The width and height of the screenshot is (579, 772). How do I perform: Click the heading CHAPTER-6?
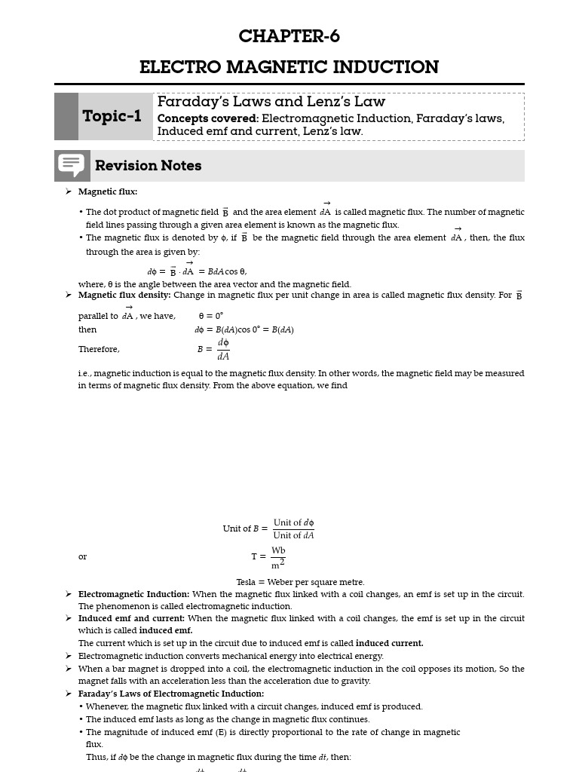pyautogui.click(x=289, y=36)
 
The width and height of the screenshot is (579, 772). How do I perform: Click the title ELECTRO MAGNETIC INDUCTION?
pyautogui.click(x=289, y=67)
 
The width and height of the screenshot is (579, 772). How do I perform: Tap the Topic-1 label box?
pyautogui.click(x=112, y=116)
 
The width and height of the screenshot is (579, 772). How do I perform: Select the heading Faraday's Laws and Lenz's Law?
pyautogui.click(x=271, y=102)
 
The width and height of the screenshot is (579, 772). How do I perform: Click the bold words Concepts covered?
pyautogui.click(x=207, y=118)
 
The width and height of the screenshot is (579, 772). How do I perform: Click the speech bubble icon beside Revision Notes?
pyautogui.click(x=72, y=165)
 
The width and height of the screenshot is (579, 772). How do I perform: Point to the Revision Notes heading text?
pyautogui.click(x=148, y=166)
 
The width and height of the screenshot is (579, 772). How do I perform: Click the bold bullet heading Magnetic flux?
pyautogui.click(x=108, y=191)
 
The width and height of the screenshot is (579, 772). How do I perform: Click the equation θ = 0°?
pyautogui.click(x=211, y=316)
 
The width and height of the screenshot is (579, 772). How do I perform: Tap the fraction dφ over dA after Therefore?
pyautogui.click(x=223, y=349)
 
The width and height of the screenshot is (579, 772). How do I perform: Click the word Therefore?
pyautogui.click(x=99, y=349)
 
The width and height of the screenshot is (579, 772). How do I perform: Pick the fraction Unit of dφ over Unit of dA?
pyautogui.click(x=293, y=528)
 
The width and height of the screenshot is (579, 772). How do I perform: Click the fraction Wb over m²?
pyautogui.click(x=278, y=557)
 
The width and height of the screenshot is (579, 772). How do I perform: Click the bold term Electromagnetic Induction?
pyautogui.click(x=133, y=594)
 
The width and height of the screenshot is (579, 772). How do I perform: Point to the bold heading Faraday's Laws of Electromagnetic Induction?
pyautogui.click(x=170, y=694)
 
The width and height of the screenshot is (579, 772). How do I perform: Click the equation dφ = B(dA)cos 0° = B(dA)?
pyautogui.click(x=244, y=329)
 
